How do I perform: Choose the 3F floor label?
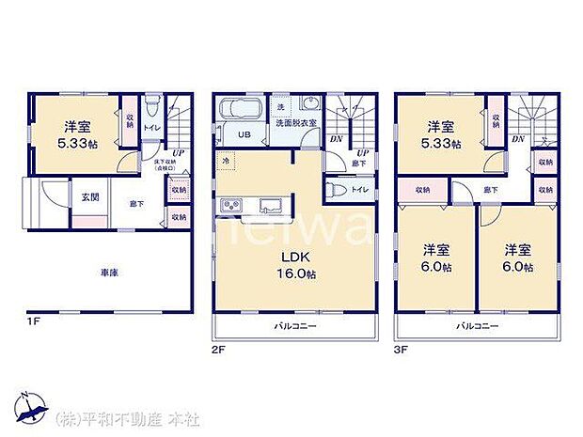pyautogui.click(x=402, y=349)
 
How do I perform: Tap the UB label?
pyautogui.click(x=244, y=134)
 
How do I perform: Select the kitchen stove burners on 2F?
pyautogui.click(x=230, y=207)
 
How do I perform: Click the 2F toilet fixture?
pyautogui.click(x=337, y=190)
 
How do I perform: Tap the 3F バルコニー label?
pyautogui.click(x=477, y=326)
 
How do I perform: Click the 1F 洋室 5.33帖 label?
pyautogui.click(x=78, y=133)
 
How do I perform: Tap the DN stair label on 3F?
pyautogui.click(x=518, y=139)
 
